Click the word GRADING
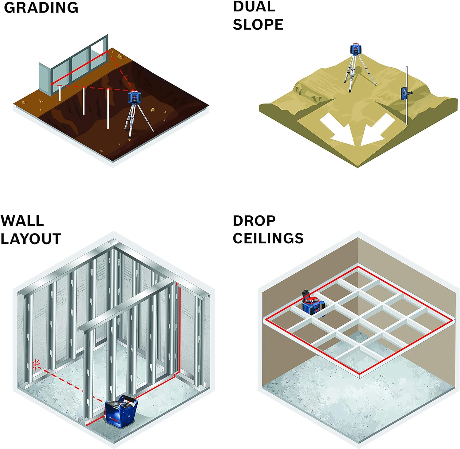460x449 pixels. click(x=41, y=8)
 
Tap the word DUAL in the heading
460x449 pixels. click(x=254, y=7)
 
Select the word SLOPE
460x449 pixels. click(x=258, y=25)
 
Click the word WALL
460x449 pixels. click(x=22, y=221)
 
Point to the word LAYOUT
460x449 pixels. click(x=31, y=239)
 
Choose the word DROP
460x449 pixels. click(x=254, y=221)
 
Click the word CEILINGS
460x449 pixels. click(x=268, y=238)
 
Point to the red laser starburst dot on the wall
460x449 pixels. click(x=36, y=365)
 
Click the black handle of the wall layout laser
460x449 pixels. click(x=129, y=400)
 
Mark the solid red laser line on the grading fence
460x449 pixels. click(x=80, y=68)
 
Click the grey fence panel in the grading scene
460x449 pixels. click(x=45, y=77)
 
